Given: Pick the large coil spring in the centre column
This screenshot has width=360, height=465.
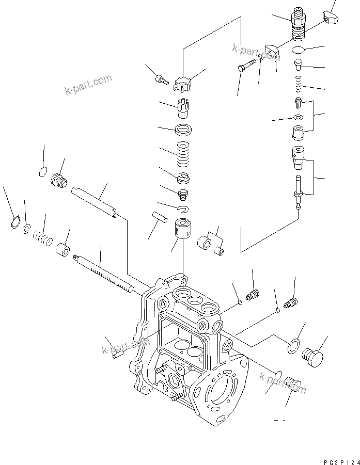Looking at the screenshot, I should point(183,153).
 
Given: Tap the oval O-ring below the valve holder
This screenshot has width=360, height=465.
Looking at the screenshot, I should point(298,51).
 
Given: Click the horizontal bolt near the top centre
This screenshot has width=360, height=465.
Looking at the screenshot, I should point(248,65).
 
